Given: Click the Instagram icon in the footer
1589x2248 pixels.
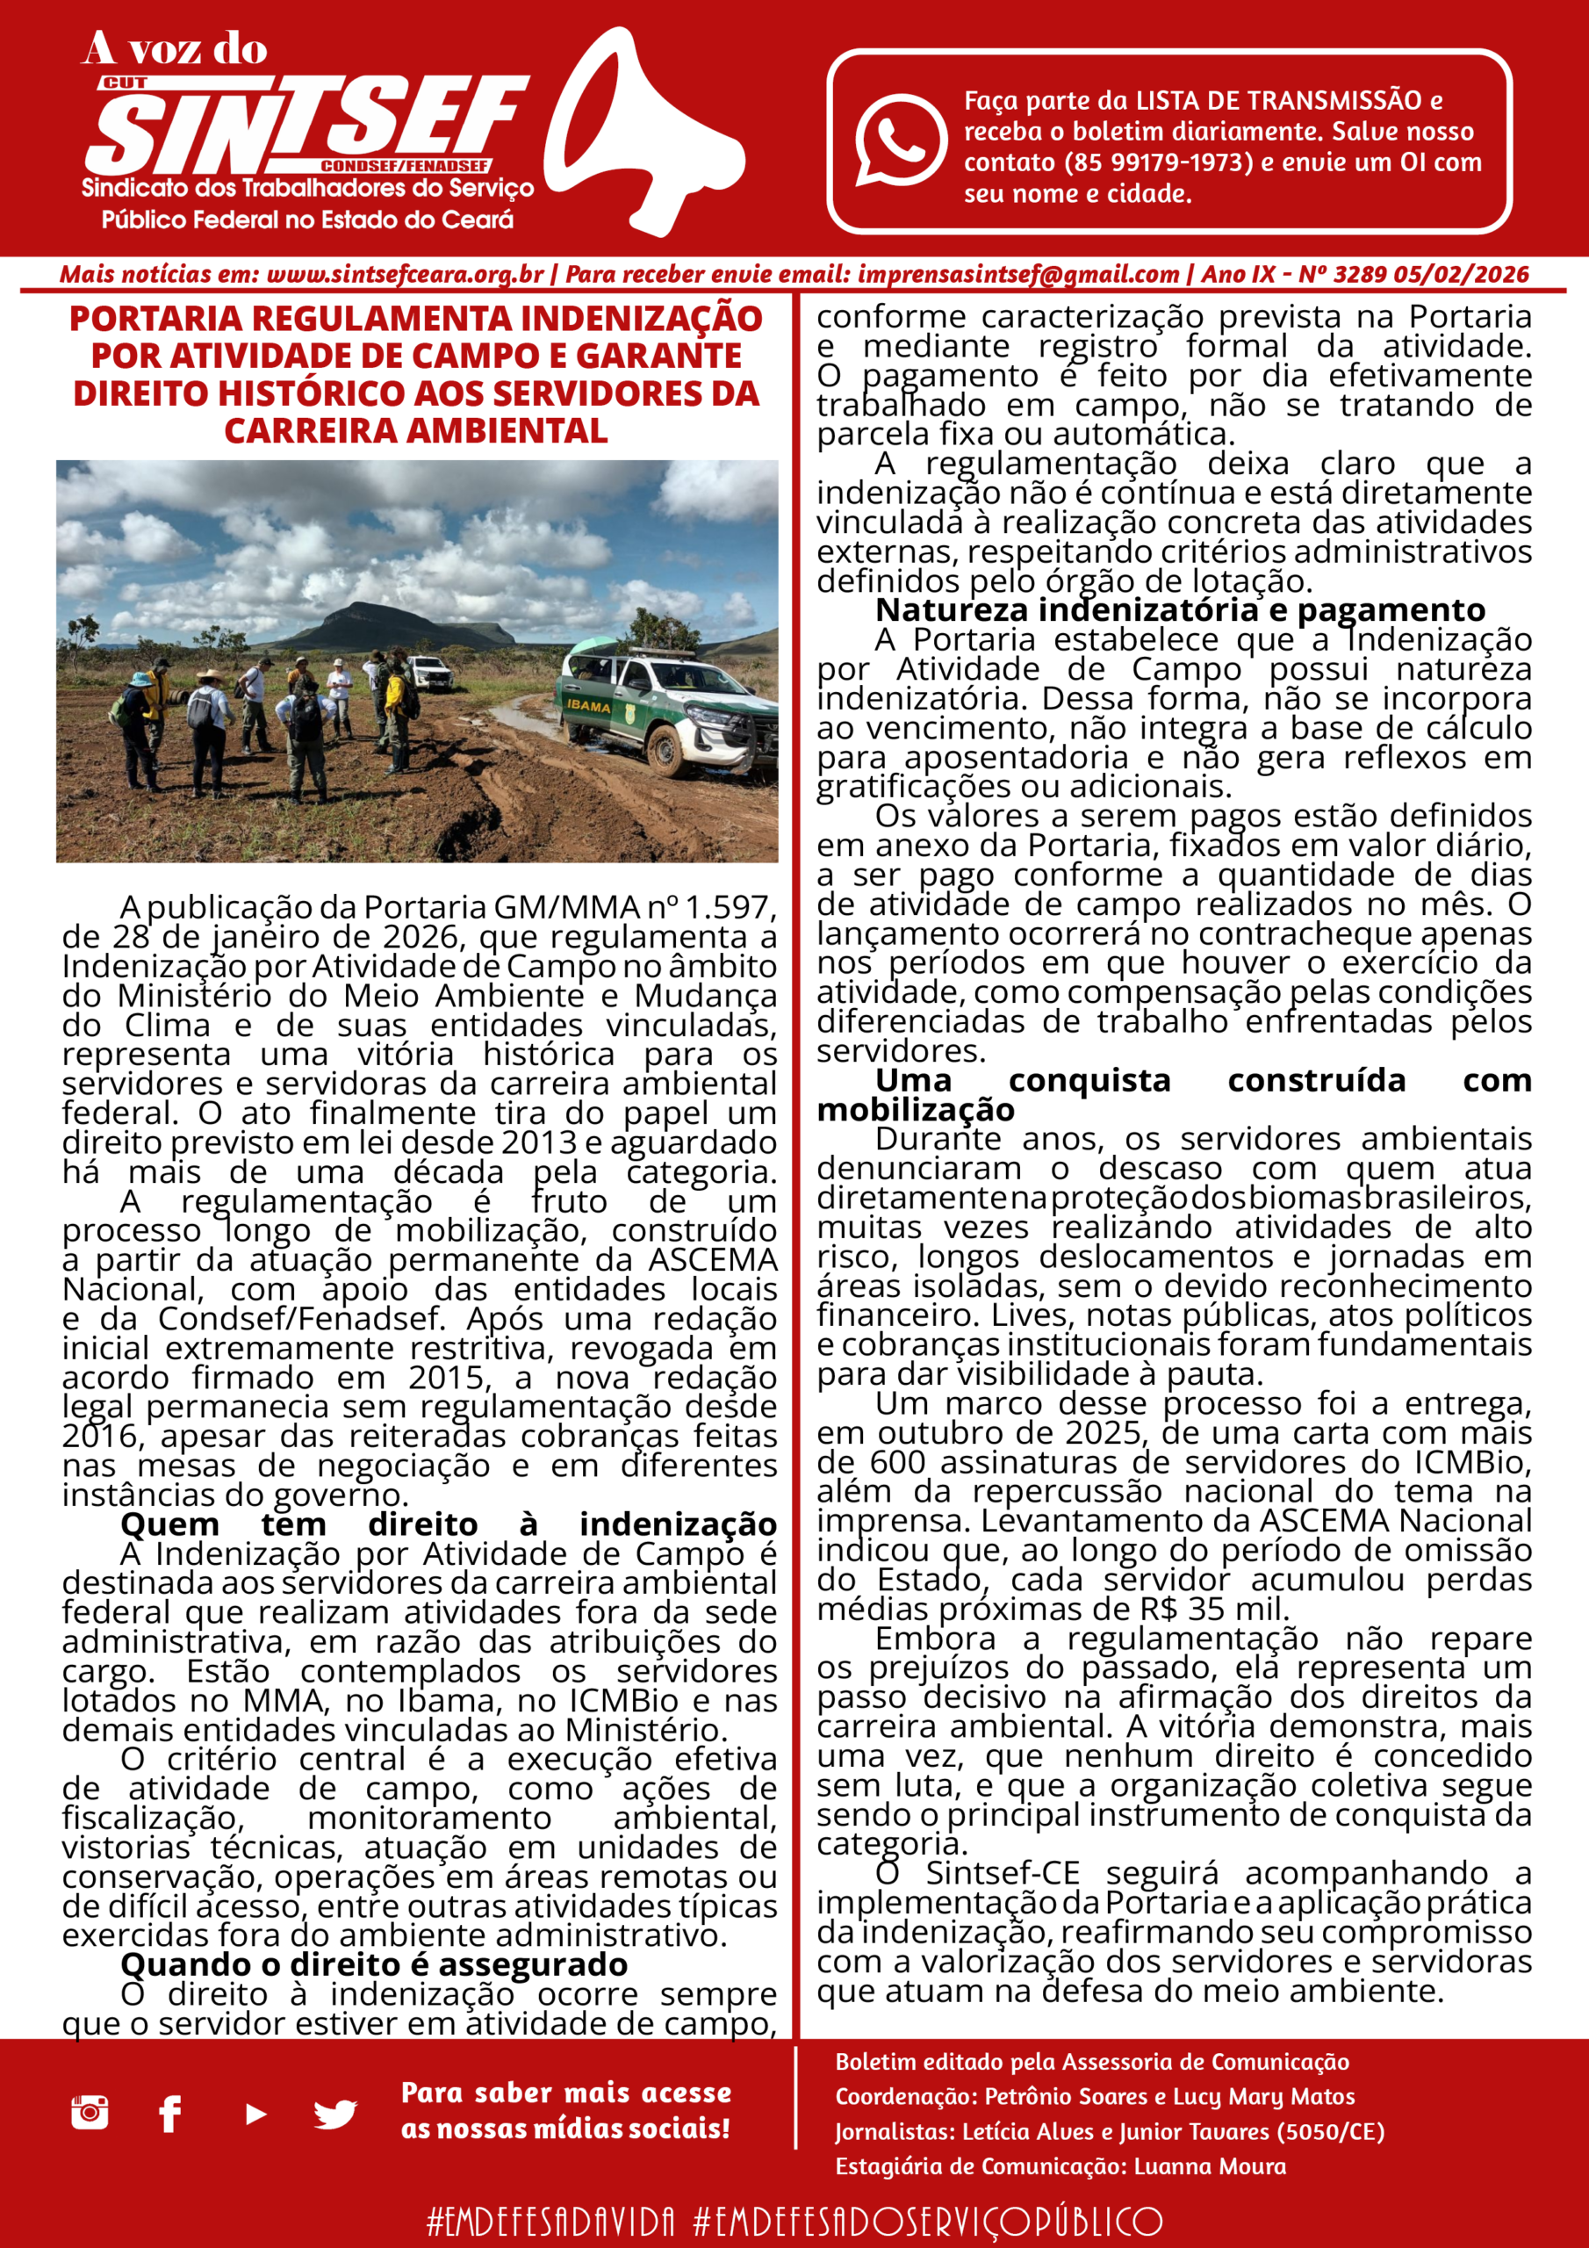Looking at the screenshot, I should point(89,2113).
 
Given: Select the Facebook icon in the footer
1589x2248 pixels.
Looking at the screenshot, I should point(169,2114).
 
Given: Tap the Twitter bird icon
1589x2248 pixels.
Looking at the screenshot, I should point(334,2115).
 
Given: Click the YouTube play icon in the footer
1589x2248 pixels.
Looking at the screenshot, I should point(255,2115).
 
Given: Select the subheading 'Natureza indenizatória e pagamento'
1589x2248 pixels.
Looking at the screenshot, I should point(1180,610).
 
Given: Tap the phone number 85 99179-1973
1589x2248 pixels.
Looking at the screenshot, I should point(1158,162).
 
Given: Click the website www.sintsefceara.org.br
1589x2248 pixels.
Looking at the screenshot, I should point(405,274).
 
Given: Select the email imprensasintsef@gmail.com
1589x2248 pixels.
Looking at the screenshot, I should point(1018,274).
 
